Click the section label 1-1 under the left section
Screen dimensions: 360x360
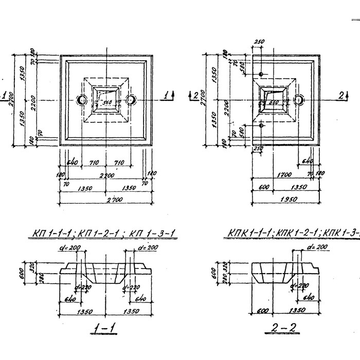(105, 328)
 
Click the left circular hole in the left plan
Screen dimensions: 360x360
(81, 99)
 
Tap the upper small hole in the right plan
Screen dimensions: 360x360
(261, 75)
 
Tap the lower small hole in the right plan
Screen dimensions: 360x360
(261, 125)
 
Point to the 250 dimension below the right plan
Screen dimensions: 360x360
(259, 149)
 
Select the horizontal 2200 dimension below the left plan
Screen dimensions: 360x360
(107, 175)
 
